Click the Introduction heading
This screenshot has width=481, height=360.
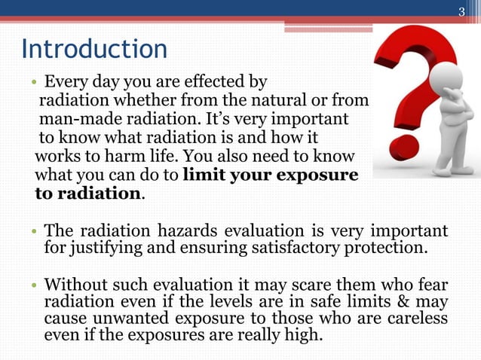(94, 50)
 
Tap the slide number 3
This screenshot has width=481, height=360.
(462, 10)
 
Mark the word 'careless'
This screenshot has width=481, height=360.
(418, 319)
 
